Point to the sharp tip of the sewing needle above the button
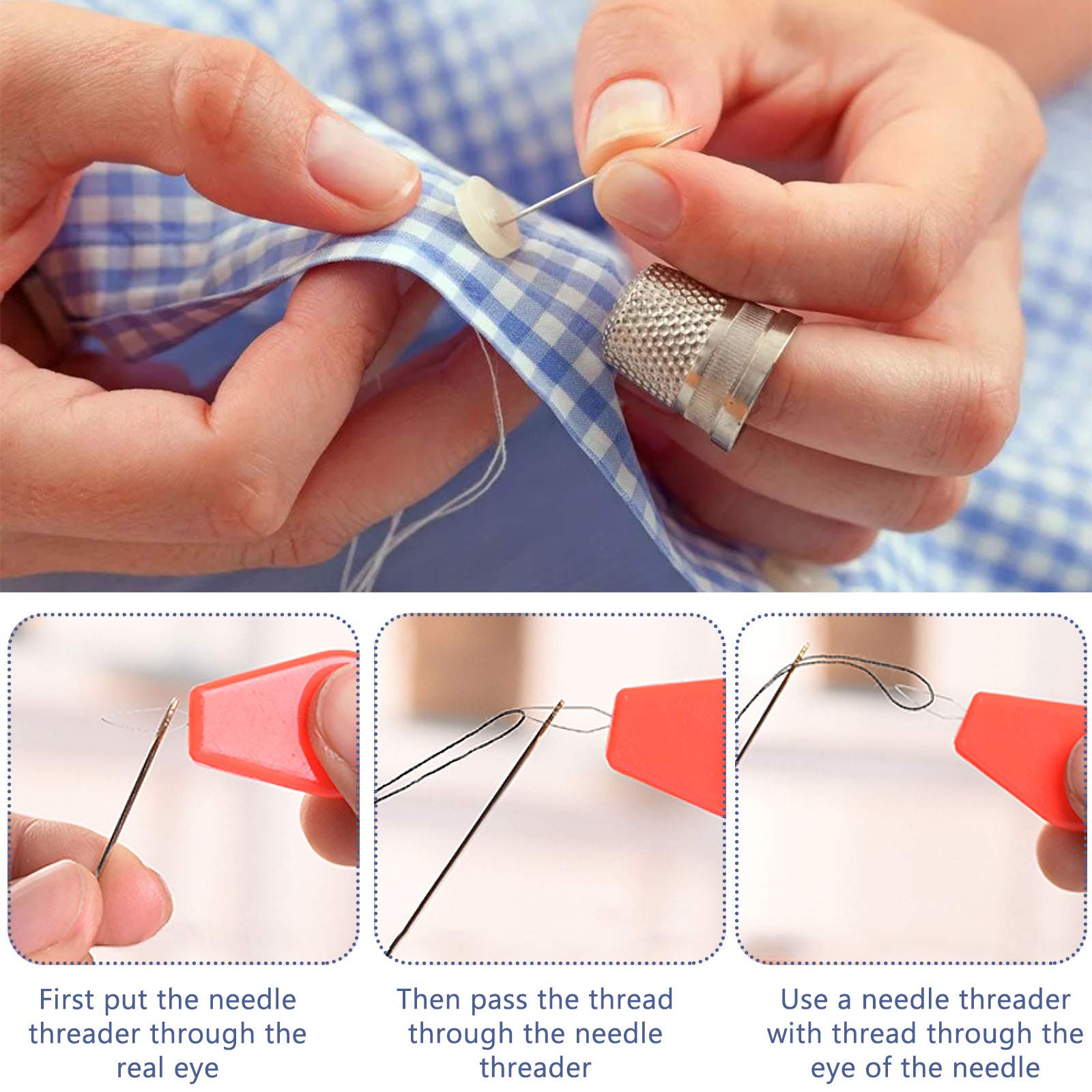(699, 128)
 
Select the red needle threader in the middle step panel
(669, 737)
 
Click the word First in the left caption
(66, 1000)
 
